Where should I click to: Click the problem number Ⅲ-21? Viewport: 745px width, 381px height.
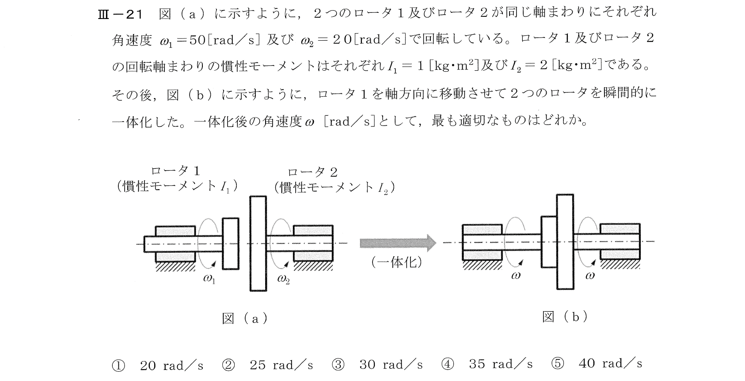120,15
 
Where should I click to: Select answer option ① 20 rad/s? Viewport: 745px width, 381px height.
159,365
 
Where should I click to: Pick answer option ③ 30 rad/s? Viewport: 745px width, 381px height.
378,365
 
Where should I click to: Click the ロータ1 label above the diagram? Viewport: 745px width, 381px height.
175,171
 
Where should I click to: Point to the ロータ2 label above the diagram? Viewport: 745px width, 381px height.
312,172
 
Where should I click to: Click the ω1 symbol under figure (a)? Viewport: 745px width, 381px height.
209,279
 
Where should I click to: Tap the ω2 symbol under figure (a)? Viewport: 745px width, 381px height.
283,279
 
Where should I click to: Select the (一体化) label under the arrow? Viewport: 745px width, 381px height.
397,263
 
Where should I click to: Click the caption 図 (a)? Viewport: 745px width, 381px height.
245,318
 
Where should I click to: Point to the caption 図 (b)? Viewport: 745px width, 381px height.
565,317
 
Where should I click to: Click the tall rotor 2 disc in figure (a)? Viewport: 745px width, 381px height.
258,243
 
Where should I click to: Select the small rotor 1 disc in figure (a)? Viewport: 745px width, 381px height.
231,243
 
